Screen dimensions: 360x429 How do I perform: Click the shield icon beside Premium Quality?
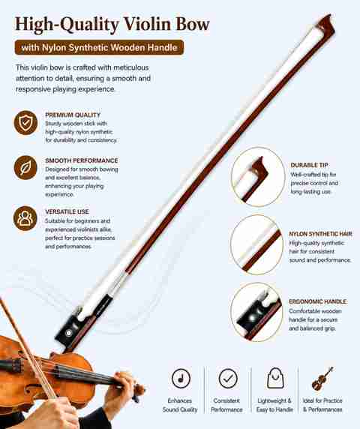tap(25, 122)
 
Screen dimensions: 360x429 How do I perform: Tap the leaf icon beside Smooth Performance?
tap(25, 168)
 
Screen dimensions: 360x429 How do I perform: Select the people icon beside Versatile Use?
tap(25, 218)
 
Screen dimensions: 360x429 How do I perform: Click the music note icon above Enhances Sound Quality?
tap(181, 379)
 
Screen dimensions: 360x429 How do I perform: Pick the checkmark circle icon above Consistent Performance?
tap(228, 379)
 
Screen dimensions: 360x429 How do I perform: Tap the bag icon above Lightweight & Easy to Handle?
tap(275, 378)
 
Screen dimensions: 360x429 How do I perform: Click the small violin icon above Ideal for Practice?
tap(322, 379)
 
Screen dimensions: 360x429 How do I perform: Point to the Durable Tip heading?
tap(309, 165)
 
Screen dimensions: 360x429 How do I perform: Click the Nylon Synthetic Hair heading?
tap(320, 234)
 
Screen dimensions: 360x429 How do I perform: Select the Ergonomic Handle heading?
tap(317, 301)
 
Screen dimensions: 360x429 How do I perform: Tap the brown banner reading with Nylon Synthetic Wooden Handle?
tap(99, 47)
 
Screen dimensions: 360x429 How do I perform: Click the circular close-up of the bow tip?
tap(258, 176)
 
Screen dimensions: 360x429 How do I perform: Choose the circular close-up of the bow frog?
tap(256, 312)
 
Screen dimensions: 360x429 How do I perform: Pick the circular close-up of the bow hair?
tap(256, 244)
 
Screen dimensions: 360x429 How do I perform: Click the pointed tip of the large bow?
tap(330, 15)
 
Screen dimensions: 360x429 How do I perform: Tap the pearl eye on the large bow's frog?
tap(68, 333)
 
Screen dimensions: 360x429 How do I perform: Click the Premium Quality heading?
tap(73, 115)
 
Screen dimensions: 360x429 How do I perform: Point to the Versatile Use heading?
tap(67, 211)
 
